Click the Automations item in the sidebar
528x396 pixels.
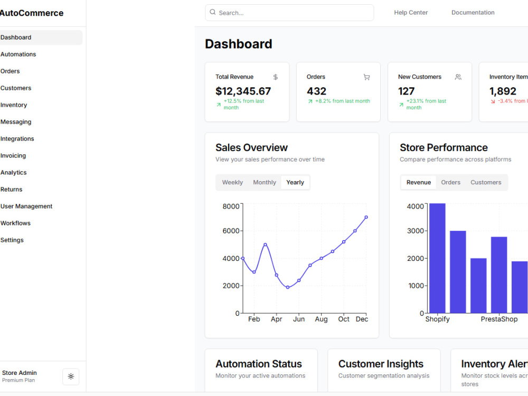point(18,54)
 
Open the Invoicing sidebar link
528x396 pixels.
point(13,156)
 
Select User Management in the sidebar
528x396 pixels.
point(26,206)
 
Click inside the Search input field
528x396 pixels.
point(289,13)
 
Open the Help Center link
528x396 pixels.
point(411,13)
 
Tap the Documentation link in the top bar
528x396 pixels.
point(473,13)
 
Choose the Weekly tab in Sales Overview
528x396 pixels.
point(232,182)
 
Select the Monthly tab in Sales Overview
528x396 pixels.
point(265,182)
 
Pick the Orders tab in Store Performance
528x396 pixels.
point(450,182)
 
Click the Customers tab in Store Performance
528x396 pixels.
point(486,182)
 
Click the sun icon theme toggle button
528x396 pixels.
point(71,376)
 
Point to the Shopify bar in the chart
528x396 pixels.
point(437,258)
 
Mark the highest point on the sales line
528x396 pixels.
point(366,217)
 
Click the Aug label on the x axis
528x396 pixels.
point(321,319)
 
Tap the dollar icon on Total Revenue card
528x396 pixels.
point(276,77)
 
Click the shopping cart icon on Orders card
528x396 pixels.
point(367,77)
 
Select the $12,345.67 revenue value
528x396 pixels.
point(243,91)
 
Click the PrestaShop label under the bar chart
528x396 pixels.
point(499,319)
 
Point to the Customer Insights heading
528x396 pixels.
point(381,364)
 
